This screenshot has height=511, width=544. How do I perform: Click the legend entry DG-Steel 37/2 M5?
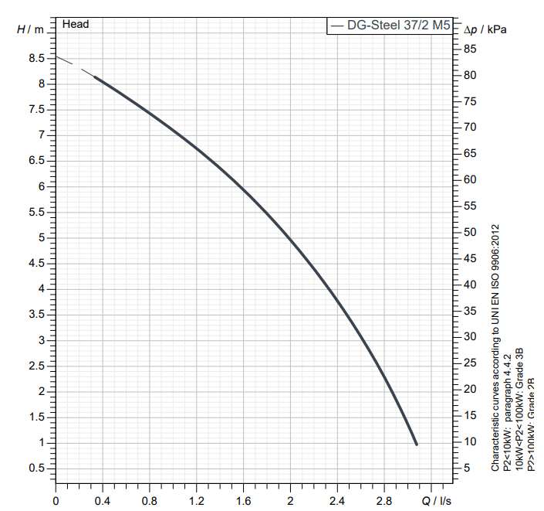392,26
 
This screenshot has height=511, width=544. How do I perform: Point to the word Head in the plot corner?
76,24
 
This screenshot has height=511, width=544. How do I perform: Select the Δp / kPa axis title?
489,29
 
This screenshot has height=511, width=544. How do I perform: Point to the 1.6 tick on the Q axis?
244,500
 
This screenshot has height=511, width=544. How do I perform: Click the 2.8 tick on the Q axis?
384,500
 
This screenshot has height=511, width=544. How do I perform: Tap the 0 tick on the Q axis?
56,500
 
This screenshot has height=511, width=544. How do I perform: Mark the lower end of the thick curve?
417,444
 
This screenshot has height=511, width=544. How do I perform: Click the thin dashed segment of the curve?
75,66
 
